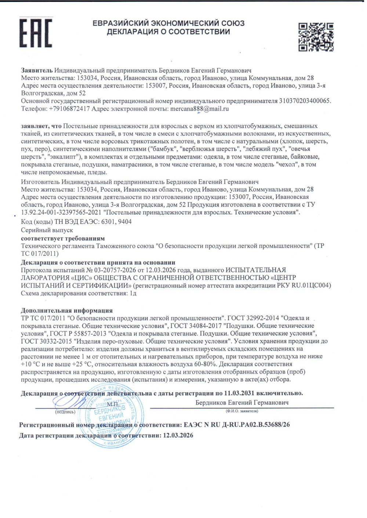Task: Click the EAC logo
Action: (x=36, y=33)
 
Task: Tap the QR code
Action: (x=316, y=37)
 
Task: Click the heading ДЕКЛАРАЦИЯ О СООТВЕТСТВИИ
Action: (x=168, y=32)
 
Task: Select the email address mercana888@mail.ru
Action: (x=200, y=109)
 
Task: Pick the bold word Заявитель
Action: (x=37, y=70)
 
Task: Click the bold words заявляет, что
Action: (x=41, y=126)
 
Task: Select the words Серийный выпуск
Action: (x=47, y=230)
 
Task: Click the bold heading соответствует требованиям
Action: (x=63, y=238)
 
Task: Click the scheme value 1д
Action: (x=133, y=293)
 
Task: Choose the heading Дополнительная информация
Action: (x=67, y=311)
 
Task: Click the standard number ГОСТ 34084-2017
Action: (x=196, y=326)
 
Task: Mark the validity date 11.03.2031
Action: (x=239, y=393)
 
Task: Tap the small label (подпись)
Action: (x=65, y=412)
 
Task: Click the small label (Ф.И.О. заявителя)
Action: (x=242, y=411)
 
